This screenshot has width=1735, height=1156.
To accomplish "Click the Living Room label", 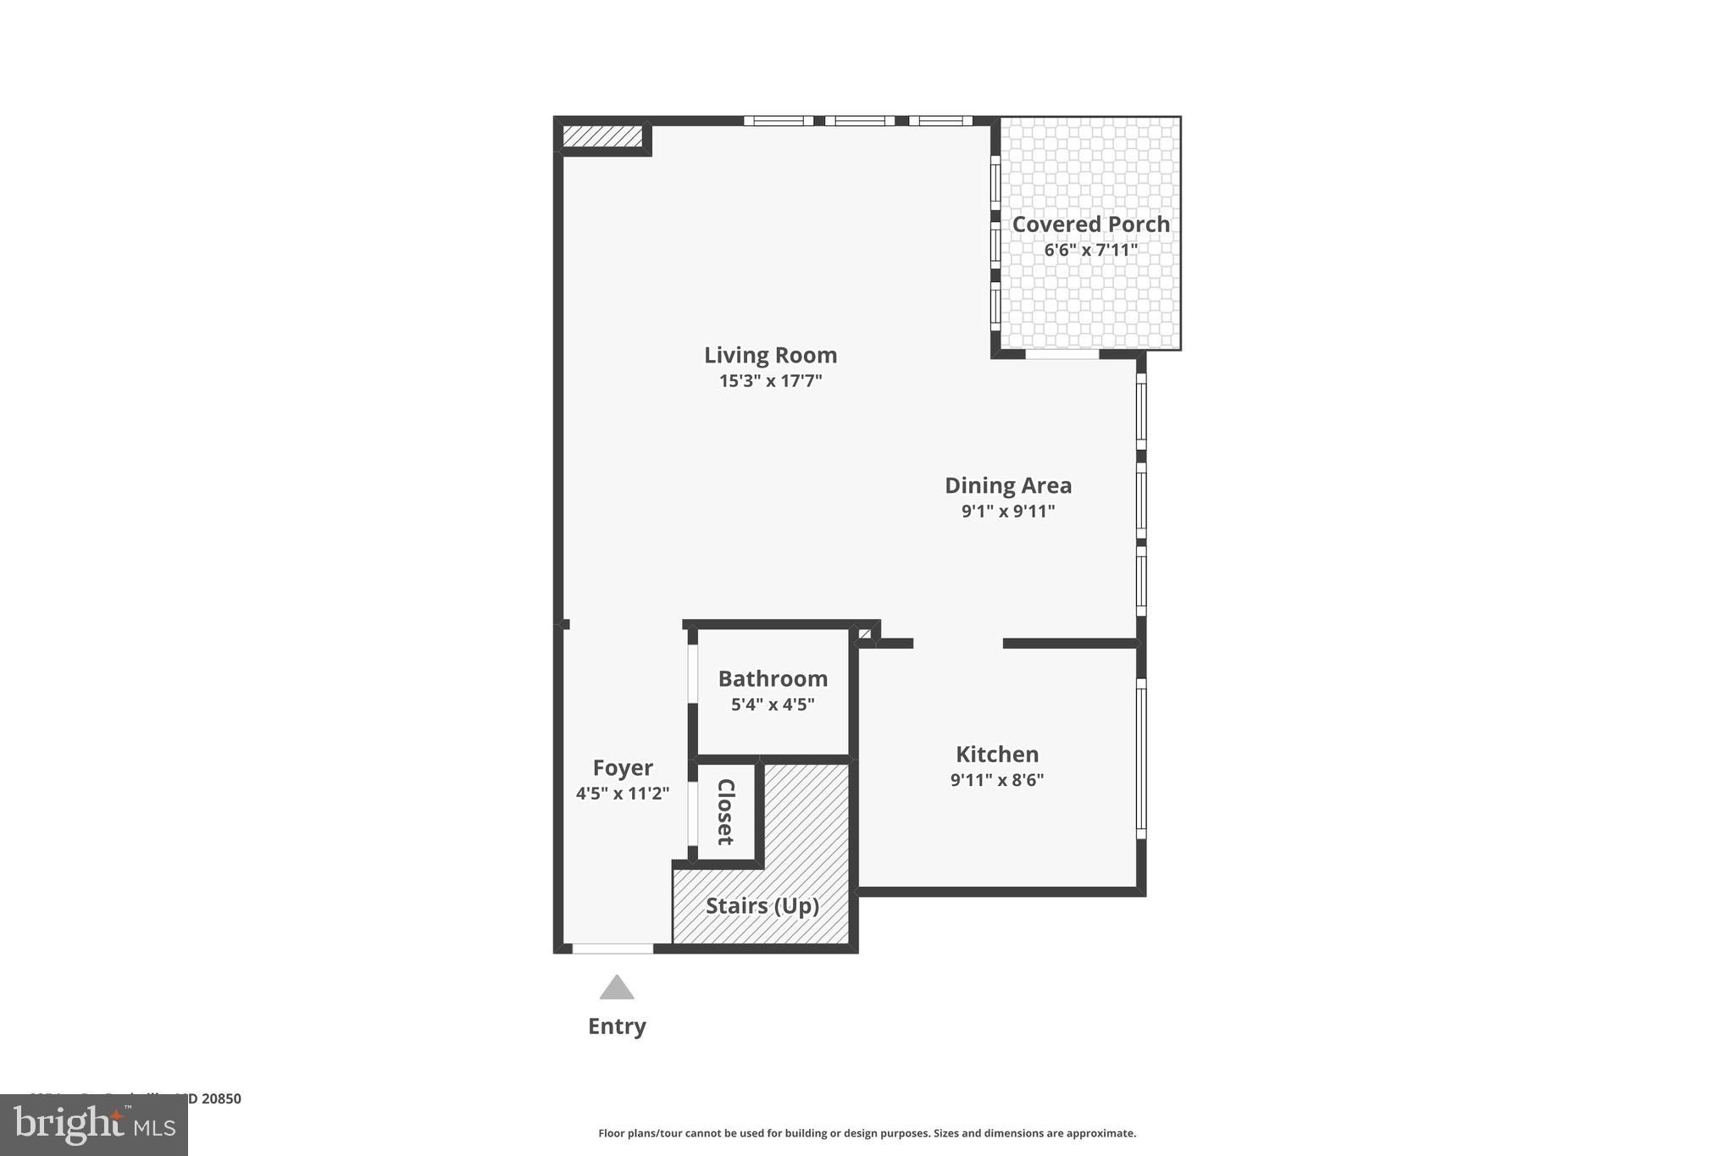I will pyautogui.click(x=770, y=355).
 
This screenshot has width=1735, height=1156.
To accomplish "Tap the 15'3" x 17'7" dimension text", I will pyautogui.click(x=770, y=381).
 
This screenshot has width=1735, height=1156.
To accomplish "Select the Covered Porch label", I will pyautogui.click(x=1090, y=224).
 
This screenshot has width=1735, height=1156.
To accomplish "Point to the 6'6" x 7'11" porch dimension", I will pyautogui.click(x=1090, y=251).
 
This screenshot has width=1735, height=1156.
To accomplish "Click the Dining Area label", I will pyautogui.click(x=1008, y=485).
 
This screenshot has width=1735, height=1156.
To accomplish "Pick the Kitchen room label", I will pyautogui.click(x=997, y=755).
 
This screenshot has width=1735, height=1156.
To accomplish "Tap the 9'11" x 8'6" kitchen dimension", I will pyautogui.click(x=997, y=780).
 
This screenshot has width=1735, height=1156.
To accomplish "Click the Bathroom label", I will pyautogui.click(x=773, y=678).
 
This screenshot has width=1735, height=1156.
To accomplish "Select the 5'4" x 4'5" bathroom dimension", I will pyautogui.click(x=773, y=705).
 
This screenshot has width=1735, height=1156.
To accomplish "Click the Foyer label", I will pyautogui.click(x=623, y=768).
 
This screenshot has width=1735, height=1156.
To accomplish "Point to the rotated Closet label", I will pyautogui.click(x=726, y=811).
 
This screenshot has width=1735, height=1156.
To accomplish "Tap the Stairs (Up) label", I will pyautogui.click(x=762, y=906).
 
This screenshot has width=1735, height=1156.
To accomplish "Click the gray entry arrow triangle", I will pyautogui.click(x=617, y=988).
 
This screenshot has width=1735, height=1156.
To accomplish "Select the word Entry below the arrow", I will pyautogui.click(x=617, y=1026).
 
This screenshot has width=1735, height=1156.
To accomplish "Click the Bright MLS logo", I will pyautogui.click(x=94, y=1125).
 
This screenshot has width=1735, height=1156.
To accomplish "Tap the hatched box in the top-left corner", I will pyautogui.click(x=602, y=136).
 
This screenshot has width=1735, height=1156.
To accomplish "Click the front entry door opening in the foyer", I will pyautogui.click(x=613, y=949).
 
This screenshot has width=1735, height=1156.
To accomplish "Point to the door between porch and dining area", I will pyautogui.click(x=1062, y=354).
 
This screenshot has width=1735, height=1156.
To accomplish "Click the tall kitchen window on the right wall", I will pyautogui.click(x=1141, y=758).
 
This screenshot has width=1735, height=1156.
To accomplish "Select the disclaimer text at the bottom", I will pyautogui.click(x=867, y=1133).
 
